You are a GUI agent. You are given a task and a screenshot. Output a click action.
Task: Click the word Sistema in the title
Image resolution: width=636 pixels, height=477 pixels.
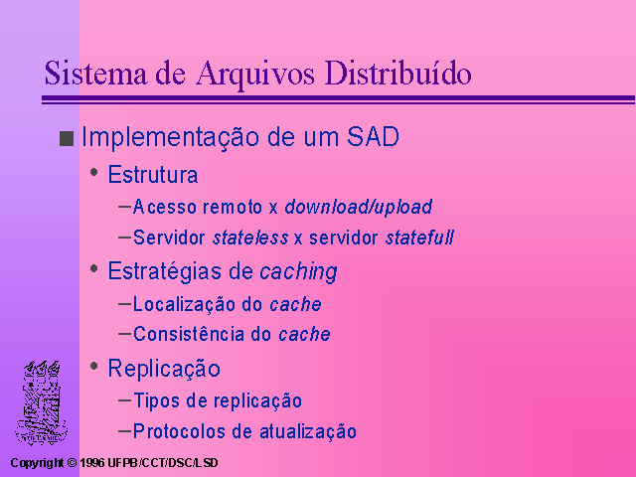pos(95,73)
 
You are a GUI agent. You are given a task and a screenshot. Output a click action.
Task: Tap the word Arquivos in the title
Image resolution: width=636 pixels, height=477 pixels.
pos(255,76)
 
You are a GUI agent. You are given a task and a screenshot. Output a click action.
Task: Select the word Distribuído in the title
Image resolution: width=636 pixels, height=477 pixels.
pos(397,73)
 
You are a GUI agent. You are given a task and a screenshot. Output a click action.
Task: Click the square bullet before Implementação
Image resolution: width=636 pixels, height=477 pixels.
pos(67,138)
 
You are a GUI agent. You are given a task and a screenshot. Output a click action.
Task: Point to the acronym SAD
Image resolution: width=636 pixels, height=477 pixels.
pos(374,137)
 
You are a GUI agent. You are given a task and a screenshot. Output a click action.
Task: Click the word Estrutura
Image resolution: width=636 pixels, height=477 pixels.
pos(153,175)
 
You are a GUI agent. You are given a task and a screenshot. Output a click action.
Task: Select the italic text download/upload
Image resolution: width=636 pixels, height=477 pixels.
pos(359,207)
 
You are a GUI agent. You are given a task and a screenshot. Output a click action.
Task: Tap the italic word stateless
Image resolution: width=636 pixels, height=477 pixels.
pos(250,238)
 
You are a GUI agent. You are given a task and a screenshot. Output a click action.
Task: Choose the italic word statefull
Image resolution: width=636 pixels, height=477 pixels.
pos(419,238)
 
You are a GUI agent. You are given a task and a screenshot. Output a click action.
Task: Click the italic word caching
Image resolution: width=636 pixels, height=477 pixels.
pos(298,271)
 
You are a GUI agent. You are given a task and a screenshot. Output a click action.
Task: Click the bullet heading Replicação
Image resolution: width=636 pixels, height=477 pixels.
pos(164,369)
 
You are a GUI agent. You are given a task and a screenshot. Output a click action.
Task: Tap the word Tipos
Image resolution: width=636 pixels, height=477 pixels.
pos(157,400)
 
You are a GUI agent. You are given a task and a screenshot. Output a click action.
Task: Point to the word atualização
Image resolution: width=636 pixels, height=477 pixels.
pos(308,431)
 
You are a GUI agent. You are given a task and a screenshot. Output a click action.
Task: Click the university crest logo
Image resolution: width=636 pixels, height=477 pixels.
pos(42,402)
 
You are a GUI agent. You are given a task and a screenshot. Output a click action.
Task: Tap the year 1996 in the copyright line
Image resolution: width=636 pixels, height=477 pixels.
pos(92,463)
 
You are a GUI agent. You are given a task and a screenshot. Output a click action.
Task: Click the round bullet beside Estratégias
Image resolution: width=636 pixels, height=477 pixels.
pos(94,268)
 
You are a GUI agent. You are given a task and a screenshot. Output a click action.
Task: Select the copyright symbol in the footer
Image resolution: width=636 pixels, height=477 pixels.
pos(72,463)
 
